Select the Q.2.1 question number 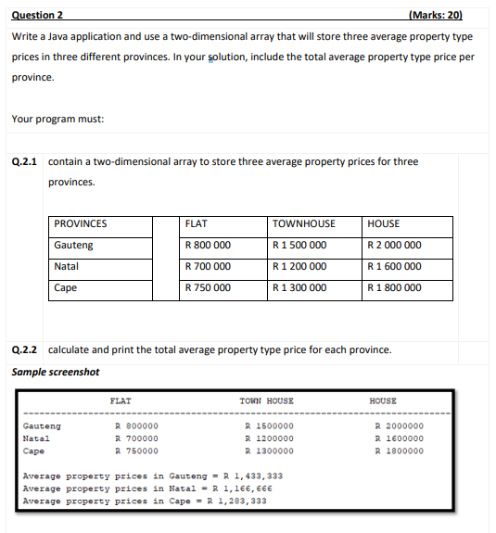(25, 161)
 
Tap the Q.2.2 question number (25, 350)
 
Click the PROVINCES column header (81, 224)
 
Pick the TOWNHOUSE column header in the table (305, 224)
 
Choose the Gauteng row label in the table (73, 246)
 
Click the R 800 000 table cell (208, 246)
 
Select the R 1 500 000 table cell (300, 246)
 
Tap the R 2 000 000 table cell (395, 246)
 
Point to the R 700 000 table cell (208, 267)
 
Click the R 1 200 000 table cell (300, 267)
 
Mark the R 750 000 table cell (208, 288)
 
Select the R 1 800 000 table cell (395, 288)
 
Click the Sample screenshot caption (55, 373)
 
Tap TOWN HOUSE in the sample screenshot (266, 401)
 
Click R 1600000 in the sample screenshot (399, 438)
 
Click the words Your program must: (57, 119)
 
